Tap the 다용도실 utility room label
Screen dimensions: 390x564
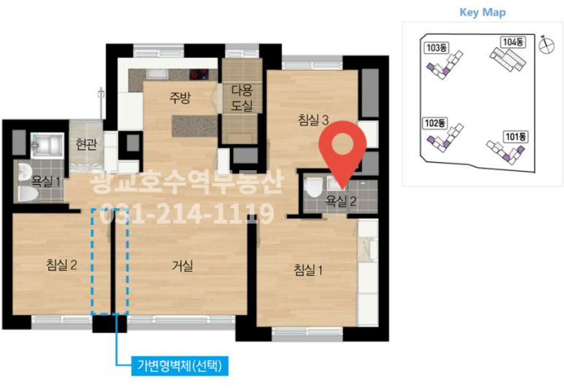242,98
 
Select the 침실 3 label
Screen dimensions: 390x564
315,120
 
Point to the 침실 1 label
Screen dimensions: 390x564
308,270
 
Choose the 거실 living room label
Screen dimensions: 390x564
183,267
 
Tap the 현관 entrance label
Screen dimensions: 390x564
86,143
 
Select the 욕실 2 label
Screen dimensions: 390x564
341,200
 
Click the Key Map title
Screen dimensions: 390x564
482,12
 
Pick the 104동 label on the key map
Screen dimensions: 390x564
513,42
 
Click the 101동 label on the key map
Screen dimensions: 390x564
515,136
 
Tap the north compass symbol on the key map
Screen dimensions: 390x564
544,45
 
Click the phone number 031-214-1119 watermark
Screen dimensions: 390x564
182,213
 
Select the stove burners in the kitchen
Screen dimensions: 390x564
199,74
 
